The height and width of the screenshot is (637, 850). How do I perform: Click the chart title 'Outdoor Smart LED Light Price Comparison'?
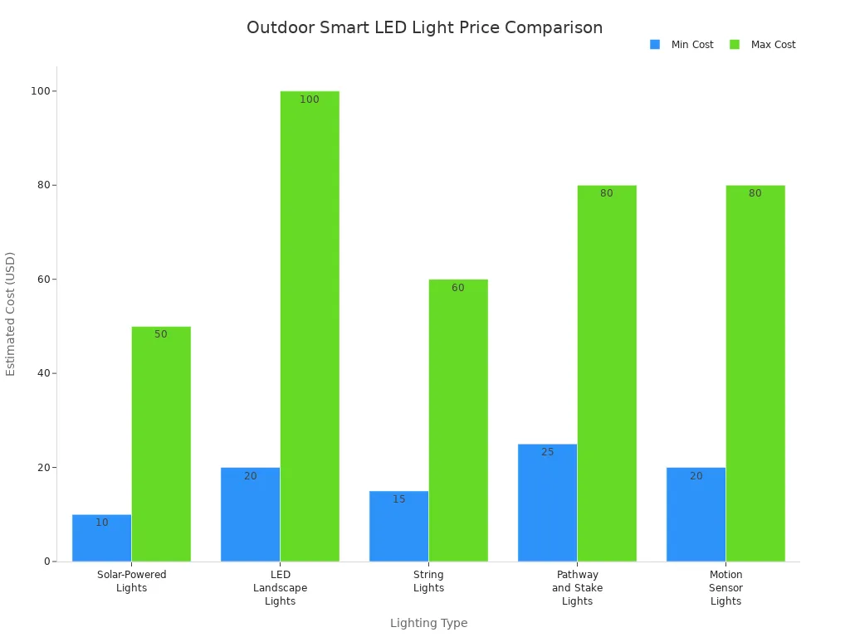point(424,27)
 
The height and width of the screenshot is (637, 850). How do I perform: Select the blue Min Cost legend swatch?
point(655,45)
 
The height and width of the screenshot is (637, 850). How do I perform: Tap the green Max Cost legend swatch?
point(735,45)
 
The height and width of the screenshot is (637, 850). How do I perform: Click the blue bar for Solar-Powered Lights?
point(101,539)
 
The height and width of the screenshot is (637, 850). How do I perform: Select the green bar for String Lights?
point(458,423)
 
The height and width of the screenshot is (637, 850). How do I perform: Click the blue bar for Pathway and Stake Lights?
point(547,506)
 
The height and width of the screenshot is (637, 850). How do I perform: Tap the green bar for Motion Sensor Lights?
point(755,373)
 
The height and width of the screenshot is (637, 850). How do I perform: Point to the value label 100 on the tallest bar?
point(310,100)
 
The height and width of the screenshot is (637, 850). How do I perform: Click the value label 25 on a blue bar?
point(547,452)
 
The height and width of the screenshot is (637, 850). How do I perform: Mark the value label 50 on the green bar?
point(161,334)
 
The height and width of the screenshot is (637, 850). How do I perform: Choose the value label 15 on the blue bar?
point(399,499)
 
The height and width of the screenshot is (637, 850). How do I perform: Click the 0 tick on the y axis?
point(48,562)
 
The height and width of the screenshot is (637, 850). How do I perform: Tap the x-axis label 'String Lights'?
point(428,581)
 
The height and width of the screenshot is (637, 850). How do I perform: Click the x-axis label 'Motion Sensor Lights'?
point(725,588)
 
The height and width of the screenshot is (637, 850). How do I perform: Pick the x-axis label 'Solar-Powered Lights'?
point(131,581)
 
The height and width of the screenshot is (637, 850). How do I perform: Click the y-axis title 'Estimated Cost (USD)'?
point(11,314)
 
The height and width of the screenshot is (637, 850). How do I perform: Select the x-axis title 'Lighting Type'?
point(428,623)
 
